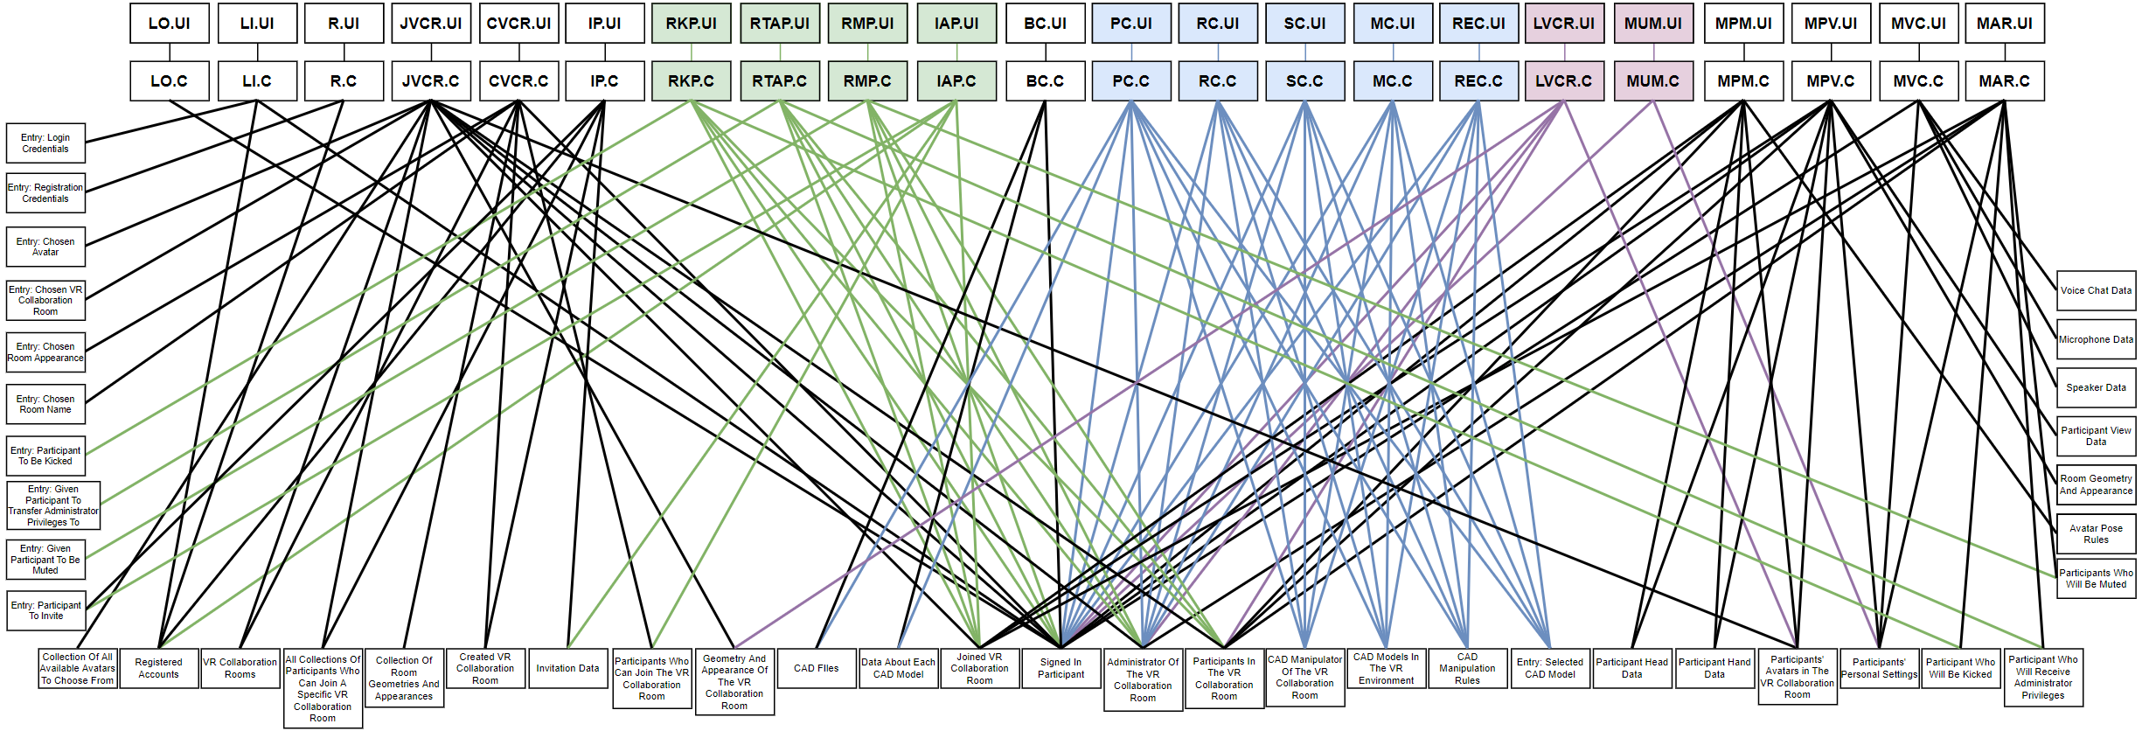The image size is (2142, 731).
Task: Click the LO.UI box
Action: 169,24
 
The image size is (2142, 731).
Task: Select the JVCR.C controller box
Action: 430,81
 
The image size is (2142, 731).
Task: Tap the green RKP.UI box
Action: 691,24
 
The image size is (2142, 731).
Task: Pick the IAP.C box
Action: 956,81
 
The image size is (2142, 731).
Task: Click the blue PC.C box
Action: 1130,81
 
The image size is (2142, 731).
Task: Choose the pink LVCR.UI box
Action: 1563,24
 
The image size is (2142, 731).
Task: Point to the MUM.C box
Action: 1652,81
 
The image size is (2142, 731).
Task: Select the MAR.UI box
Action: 2004,24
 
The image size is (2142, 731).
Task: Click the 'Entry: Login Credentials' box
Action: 45,143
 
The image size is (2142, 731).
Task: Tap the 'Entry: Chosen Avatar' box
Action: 45,247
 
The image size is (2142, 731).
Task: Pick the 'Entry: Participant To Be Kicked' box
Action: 45,456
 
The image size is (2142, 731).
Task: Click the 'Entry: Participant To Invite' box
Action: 45,610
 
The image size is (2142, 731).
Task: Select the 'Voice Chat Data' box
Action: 2096,290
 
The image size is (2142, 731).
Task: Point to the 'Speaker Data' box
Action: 2096,387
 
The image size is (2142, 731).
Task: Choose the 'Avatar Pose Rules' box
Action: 2096,534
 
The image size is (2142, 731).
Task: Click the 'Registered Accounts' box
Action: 158,668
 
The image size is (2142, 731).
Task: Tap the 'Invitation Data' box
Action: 567,668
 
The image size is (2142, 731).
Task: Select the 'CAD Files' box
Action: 816,668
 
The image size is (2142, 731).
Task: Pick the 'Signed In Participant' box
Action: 1061,668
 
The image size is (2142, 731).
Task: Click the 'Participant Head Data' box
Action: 1631,668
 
